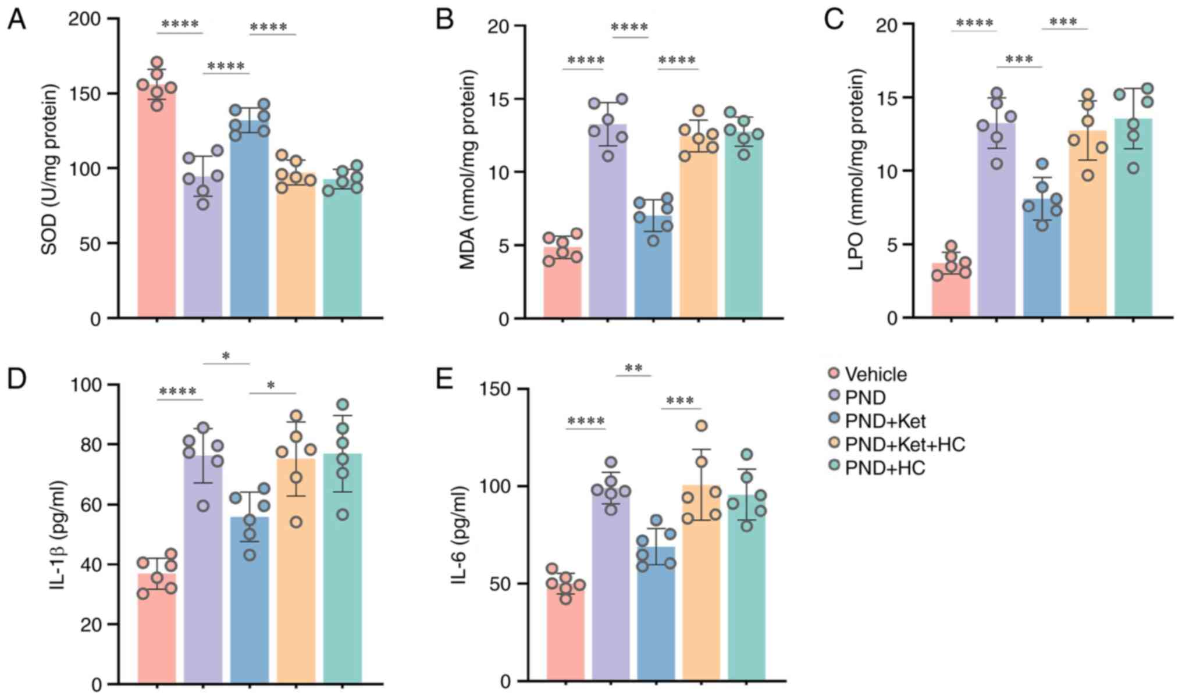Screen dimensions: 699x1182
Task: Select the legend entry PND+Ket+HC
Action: [x=905, y=444]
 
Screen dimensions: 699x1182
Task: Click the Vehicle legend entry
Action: [x=875, y=374]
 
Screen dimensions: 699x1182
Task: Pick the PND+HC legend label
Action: [x=884, y=468]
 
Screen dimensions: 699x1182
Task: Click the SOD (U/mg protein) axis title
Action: [x=50, y=169]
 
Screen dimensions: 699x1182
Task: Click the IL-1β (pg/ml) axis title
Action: [x=59, y=536]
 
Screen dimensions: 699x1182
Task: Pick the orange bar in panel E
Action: [x=701, y=582]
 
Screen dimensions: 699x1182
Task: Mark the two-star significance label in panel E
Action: [x=633, y=369]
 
